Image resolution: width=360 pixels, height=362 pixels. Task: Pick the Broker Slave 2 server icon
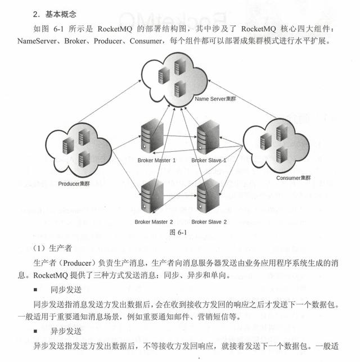click(207, 194)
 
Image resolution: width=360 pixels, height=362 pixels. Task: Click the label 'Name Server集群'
click(216, 99)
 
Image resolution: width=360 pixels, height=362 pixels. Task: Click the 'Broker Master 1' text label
click(156, 160)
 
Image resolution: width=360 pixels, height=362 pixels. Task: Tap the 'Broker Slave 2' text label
click(209, 222)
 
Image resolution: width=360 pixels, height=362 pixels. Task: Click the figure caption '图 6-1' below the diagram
click(178, 232)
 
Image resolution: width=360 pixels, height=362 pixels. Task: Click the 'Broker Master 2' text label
click(154, 222)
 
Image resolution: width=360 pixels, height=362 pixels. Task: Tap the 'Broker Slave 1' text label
click(209, 160)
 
